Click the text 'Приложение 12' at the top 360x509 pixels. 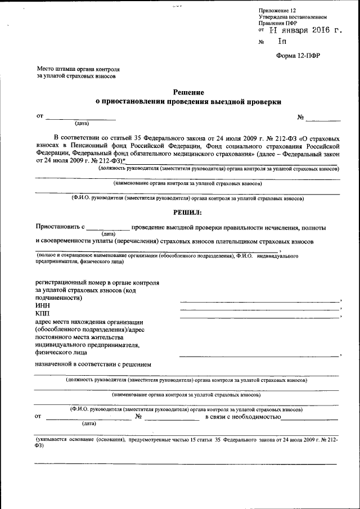(276, 11)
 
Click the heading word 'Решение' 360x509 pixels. (188, 92)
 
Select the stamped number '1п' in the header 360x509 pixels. (281, 42)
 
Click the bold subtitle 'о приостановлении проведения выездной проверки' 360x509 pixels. (187, 102)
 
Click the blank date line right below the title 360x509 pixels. (81, 119)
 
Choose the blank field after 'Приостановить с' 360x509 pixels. (107, 229)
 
